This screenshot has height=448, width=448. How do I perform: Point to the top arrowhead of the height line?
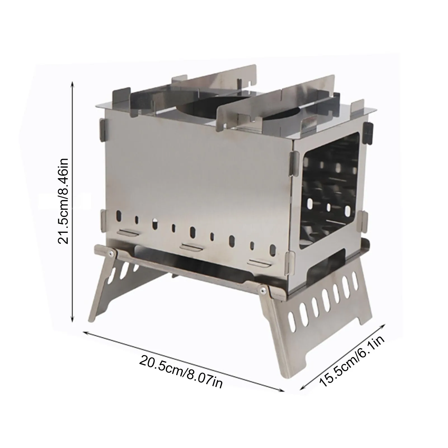(x=73, y=84)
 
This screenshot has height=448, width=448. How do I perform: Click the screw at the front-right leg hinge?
(x=262, y=290)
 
